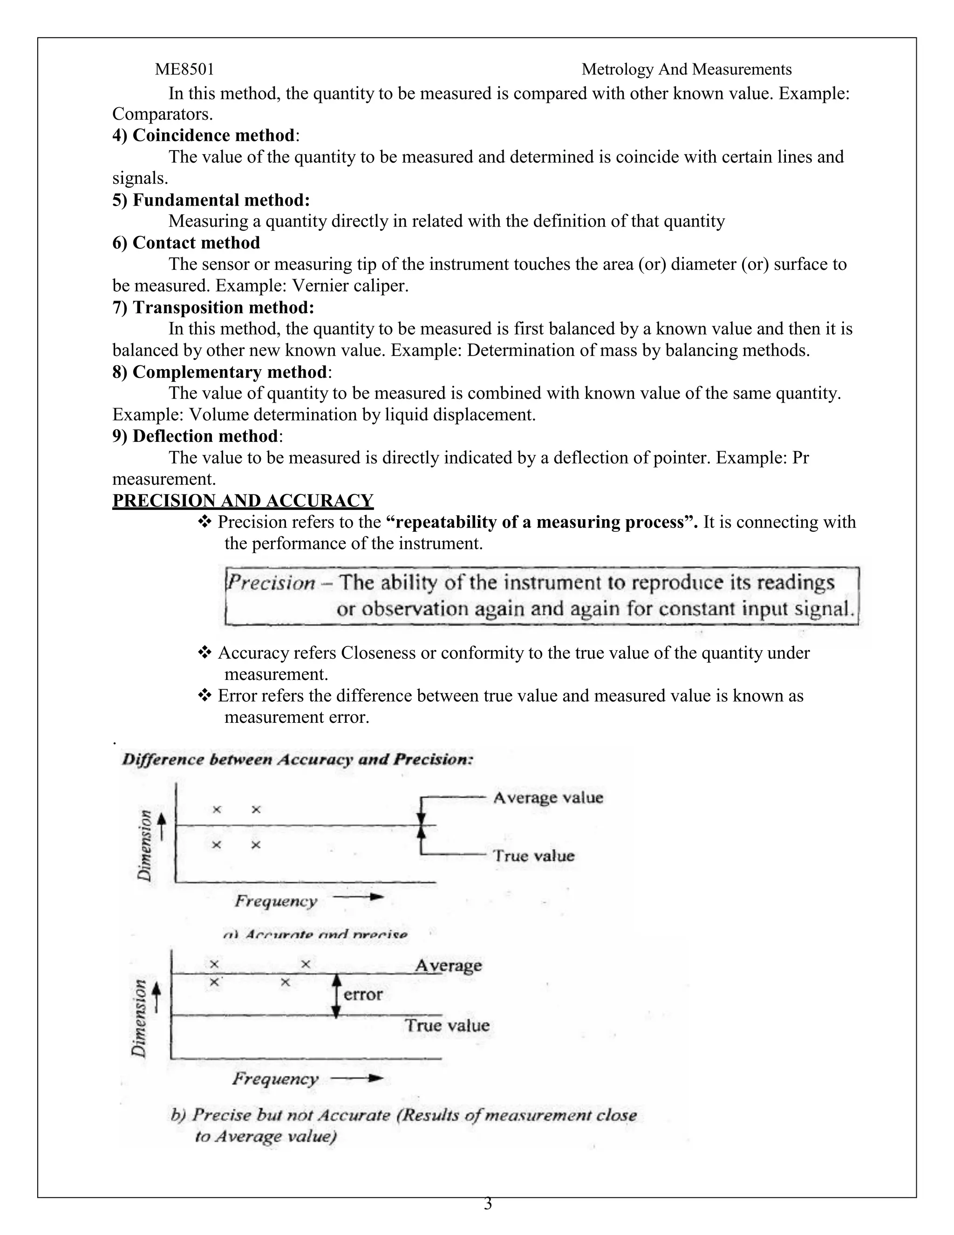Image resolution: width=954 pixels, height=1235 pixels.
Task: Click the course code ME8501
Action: click(x=184, y=69)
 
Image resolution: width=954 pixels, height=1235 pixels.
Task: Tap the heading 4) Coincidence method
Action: click(x=206, y=136)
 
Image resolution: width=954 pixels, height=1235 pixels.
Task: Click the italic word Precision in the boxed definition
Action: click(x=271, y=583)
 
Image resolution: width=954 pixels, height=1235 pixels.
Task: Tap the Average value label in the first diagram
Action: click(x=548, y=798)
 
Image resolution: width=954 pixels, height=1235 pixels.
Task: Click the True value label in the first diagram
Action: click(x=533, y=856)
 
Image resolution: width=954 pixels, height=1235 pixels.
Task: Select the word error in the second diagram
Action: click(x=363, y=994)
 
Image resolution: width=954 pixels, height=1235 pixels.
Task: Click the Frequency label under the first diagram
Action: click(x=276, y=901)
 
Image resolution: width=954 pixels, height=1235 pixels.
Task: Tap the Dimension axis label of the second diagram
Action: click(x=139, y=1018)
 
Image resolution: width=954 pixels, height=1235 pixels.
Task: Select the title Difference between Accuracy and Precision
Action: click(x=297, y=760)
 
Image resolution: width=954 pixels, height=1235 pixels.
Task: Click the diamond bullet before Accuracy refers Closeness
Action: click(x=204, y=653)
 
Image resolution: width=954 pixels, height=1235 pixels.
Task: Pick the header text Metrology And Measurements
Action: click(x=686, y=69)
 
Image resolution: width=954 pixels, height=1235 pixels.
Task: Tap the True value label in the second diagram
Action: click(x=446, y=1025)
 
